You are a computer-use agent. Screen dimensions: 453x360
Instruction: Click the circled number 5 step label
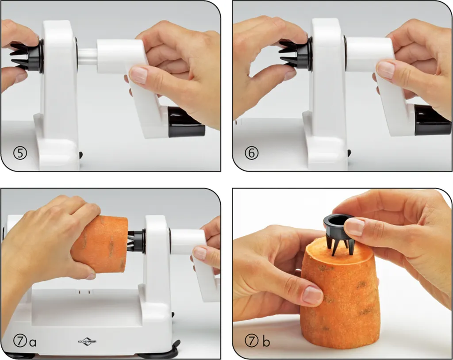coord(20,153)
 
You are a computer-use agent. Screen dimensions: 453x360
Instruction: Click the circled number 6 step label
coord(251,153)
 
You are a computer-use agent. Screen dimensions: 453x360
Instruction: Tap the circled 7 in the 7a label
coord(20,341)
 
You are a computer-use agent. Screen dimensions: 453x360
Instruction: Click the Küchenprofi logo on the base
coord(87,341)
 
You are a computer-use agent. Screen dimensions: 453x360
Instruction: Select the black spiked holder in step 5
coord(27,56)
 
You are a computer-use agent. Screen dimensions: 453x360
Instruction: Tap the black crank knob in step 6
coord(432,120)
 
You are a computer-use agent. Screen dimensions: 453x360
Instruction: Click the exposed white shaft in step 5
coord(88,57)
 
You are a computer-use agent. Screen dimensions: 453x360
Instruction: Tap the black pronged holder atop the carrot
coord(338,233)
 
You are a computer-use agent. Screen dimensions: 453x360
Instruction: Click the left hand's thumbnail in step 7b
coord(313,295)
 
